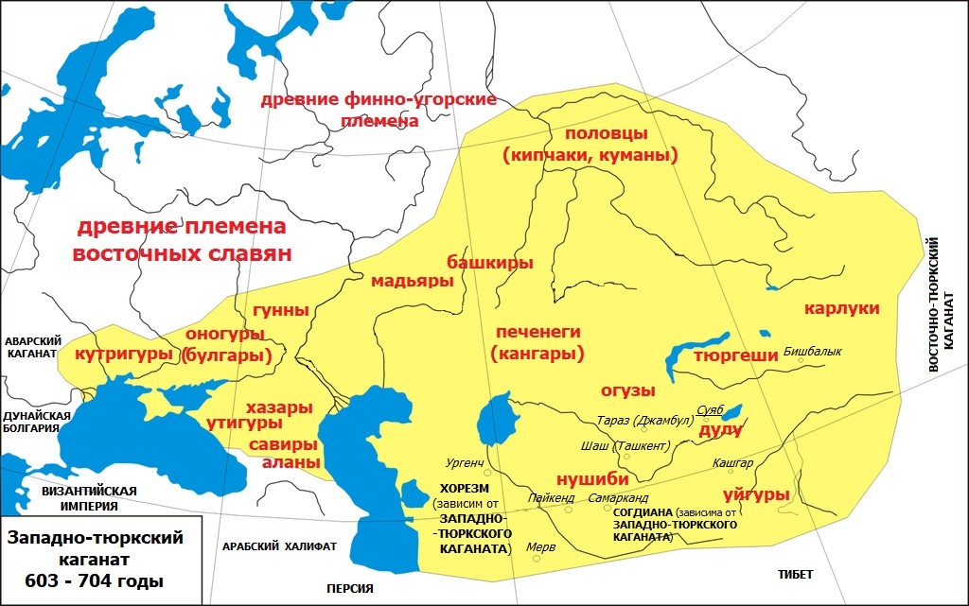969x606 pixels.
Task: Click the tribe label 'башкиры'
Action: [489, 262]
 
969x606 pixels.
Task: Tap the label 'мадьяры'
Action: [406, 281]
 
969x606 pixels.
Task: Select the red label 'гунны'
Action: [281, 310]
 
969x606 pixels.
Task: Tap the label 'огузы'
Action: [628, 390]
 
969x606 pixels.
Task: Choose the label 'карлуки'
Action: [842, 308]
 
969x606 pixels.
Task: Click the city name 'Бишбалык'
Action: [812, 352]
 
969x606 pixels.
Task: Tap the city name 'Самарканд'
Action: [618, 497]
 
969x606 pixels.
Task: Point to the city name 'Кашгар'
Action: [734, 463]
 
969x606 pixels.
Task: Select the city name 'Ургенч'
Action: [465, 463]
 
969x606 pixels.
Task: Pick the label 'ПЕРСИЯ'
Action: [349, 588]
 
